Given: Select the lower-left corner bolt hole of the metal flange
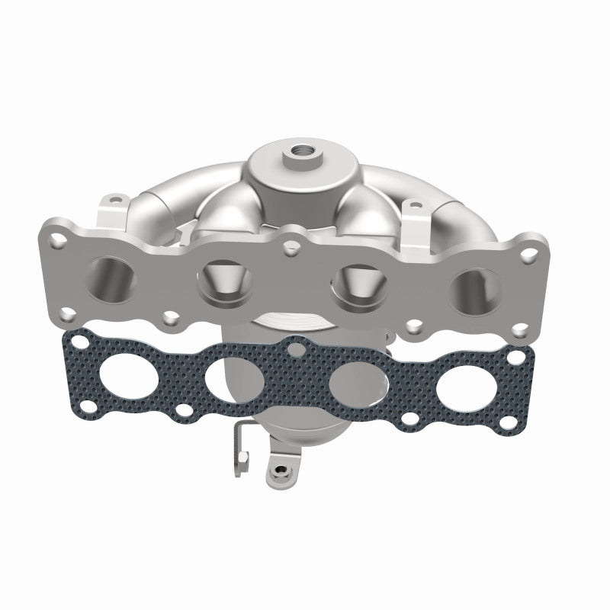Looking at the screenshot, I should [x=69, y=312].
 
